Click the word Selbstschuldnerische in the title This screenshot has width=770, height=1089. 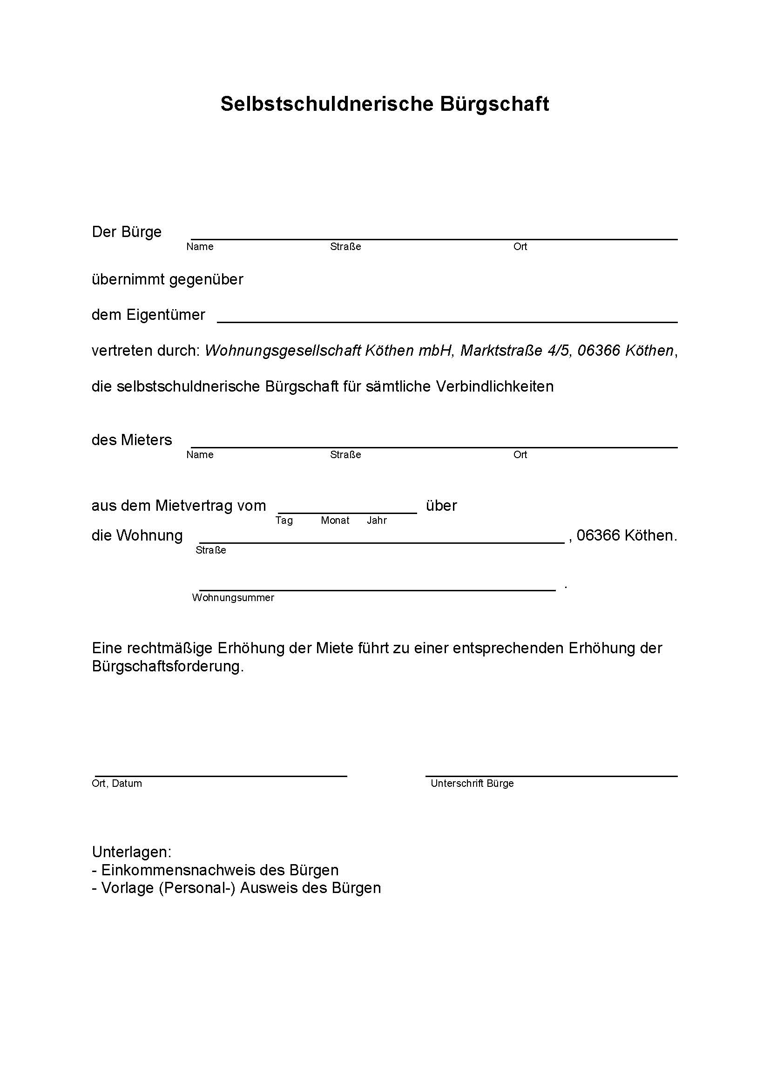[327, 104]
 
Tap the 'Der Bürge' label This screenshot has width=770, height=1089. [127, 232]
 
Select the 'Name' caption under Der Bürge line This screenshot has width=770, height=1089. [200, 247]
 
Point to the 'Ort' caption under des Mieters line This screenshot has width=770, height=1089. [520, 455]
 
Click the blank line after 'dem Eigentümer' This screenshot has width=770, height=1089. [446, 322]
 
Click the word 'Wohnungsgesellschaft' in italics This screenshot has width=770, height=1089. [284, 351]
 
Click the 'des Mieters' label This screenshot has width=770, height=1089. [132, 440]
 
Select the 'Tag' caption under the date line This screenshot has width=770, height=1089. [284, 521]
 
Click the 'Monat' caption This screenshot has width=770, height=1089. [335, 521]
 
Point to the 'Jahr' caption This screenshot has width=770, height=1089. [377, 521]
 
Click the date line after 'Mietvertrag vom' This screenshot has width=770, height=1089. [347, 512]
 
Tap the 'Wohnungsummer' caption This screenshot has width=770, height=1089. [233, 598]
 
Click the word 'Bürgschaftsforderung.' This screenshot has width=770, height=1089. [168, 666]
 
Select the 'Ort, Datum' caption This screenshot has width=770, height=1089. [117, 784]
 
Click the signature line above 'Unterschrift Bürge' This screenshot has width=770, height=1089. [551, 776]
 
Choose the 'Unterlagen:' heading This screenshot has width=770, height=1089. [131, 852]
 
